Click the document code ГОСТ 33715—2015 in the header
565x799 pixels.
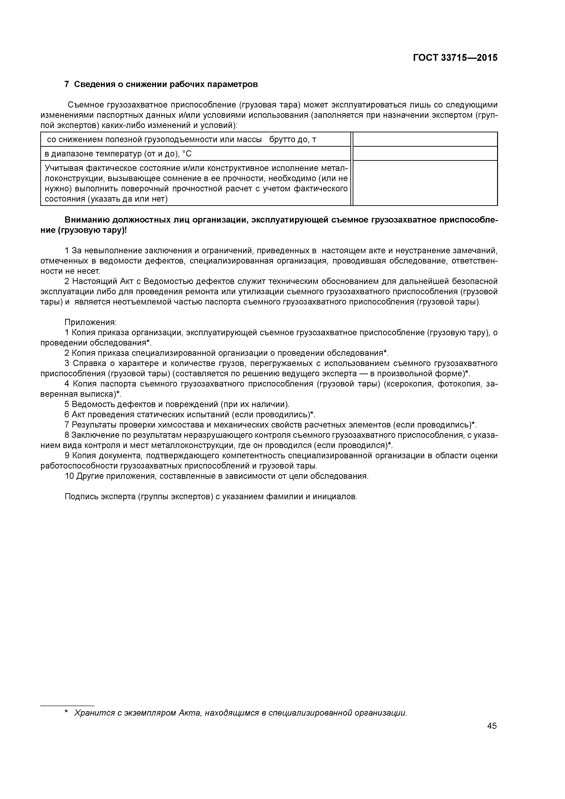pos(455,58)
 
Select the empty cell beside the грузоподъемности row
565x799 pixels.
pos(425,140)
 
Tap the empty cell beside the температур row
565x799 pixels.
pos(425,154)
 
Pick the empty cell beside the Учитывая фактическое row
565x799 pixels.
pos(425,183)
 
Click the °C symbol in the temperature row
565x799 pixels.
pos(187,154)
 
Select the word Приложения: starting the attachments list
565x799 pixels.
pos(90,322)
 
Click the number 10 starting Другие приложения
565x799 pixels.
pos(69,476)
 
